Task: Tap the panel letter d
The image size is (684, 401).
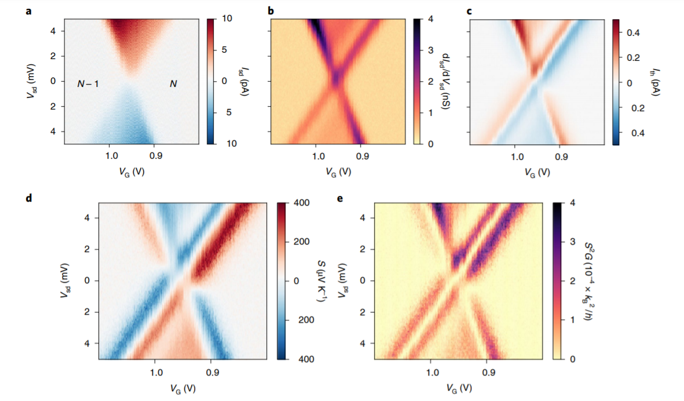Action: pyautogui.click(x=29, y=199)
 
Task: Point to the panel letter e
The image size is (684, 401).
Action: pyautogui.click(x=340, y=199)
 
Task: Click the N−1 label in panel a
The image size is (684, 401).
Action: pyautogui.click(x=88, y=84)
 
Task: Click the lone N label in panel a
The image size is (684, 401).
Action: pyautogui.click(x=173, y=84)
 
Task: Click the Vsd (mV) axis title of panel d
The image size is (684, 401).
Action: pyautogui.click(x=65, y=281)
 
